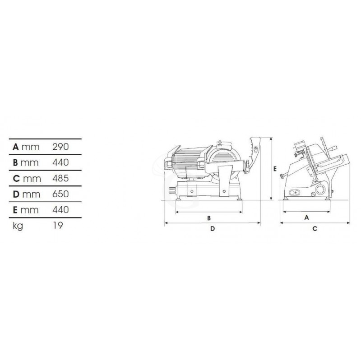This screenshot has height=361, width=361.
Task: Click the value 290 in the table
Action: pos(60,147)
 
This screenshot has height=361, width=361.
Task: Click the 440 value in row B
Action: pos(60,162)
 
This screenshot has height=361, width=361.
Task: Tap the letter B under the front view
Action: pos(209,218)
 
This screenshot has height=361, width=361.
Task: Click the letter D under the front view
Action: pos(212,229)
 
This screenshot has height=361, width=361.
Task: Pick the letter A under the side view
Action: pos(306,217)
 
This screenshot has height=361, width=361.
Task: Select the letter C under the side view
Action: pos(315,229)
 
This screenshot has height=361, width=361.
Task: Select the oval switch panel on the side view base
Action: pos(294,193)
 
